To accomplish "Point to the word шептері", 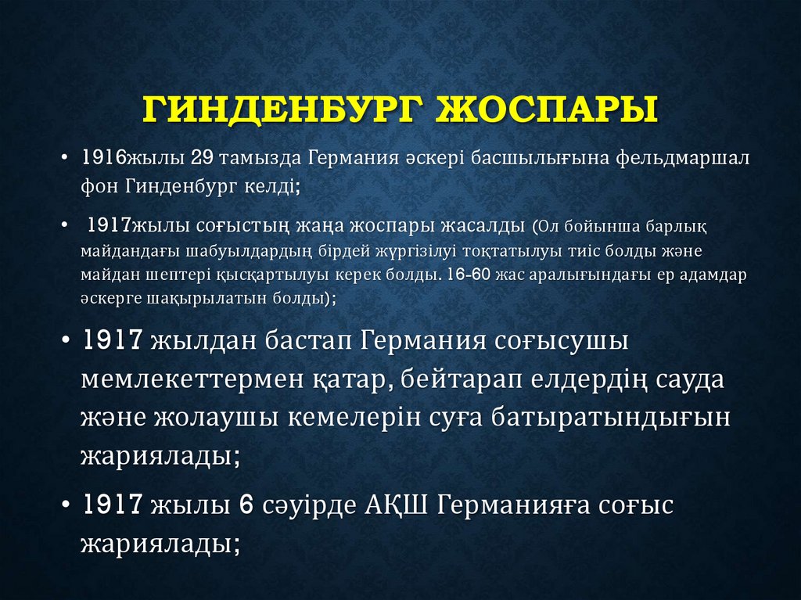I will (174, 276).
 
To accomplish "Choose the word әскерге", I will (113, 299).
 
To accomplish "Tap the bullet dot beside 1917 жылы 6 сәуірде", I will (67, 505).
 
